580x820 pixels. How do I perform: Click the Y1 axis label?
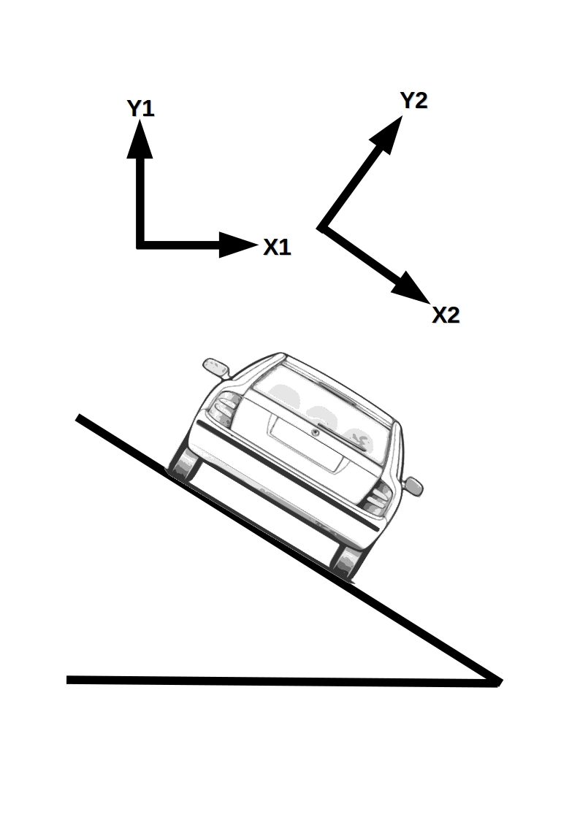(x=140, y=109)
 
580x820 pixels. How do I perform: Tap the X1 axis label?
(x=277, y=248)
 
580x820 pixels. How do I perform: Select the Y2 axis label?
(x=413, y=101)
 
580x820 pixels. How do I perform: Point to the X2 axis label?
(x=446, y=315)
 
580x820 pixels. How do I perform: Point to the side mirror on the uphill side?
(x=215, y=367)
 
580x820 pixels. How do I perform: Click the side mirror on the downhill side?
(x=413, y=486)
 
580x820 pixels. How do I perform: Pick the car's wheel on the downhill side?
(x=348, y=562)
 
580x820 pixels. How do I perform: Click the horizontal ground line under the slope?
(x=278, y=681)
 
